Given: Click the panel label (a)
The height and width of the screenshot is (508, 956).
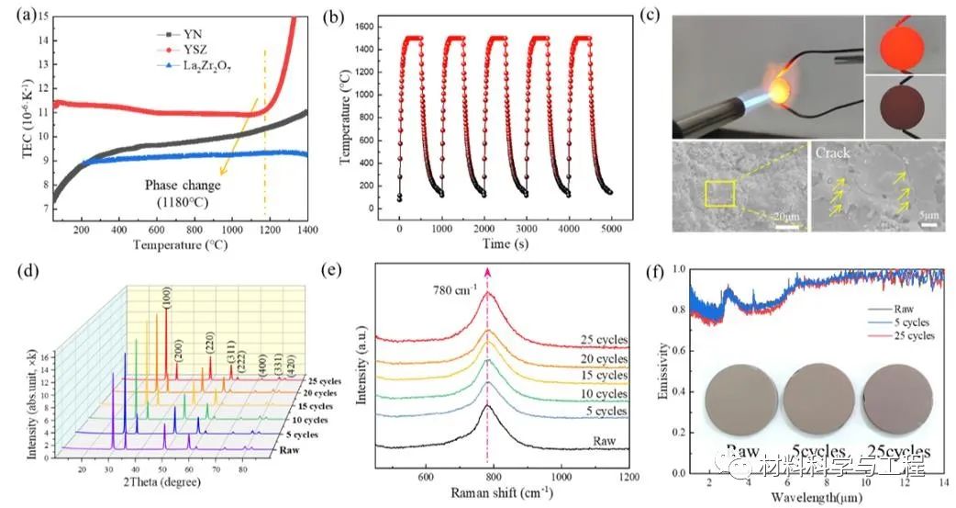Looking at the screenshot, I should [18, 12].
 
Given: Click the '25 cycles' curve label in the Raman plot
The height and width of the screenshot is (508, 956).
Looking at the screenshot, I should [602, 340].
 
